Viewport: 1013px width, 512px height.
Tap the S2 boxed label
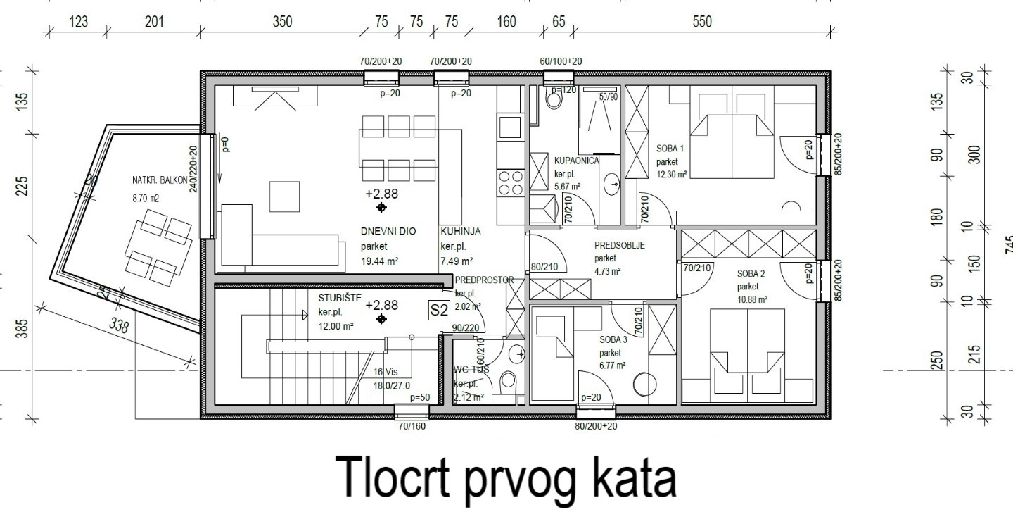pyautogui.click(x=439, y=309)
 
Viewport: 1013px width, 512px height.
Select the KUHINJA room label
pyautogui.click(x=460, y=231)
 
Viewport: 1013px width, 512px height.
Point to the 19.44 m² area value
pyautogui.click(x=380, y=261)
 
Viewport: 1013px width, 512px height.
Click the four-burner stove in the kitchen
pyautogui.click(x=509, y=183)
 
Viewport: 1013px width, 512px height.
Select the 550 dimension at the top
pyautogui.click(x=701, y=22)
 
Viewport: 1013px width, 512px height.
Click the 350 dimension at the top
pyautogui.click(x=282, y=22)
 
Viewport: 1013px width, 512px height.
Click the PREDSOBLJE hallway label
pyautogui.click(x=620, y=246)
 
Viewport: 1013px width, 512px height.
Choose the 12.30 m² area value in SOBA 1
pyautogui.click(x=672, y=175)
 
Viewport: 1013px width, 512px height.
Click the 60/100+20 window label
pyautogui.click(x=561, y=62)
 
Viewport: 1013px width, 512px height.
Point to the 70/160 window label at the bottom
pyautogui.click(x=412, y=425)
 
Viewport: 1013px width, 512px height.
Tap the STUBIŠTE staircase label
pyautogui.click(x=340, y=298)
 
